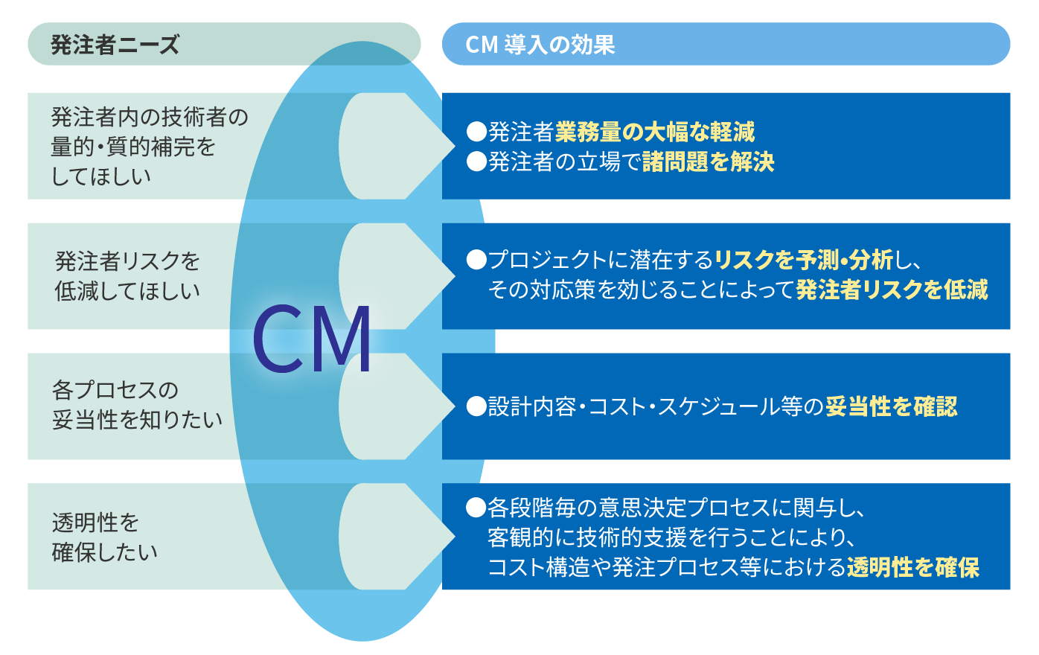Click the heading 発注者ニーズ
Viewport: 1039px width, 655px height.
(x=115, y=45)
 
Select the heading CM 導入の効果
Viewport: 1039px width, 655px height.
(x=540, y=45)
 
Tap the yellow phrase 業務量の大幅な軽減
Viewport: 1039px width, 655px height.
(x=655, y=132)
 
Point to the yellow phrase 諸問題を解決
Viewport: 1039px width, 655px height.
(x=709, y=162)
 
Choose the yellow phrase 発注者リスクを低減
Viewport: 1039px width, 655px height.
(x=892, y=290)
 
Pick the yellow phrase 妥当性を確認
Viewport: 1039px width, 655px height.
(x=892, y=406)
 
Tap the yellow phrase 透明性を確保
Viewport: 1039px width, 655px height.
(x=913, y=567)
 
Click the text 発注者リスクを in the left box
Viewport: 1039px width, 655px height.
(x=127, y=261)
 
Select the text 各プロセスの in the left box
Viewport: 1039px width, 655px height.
(x=115, y=390)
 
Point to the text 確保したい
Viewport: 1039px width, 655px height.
(x=105, y=552)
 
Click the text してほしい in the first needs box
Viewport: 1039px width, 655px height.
(x=101, y=176)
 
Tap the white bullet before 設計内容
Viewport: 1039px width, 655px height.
(x=476, y=406)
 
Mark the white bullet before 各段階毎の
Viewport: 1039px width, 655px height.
(x=476, y=508)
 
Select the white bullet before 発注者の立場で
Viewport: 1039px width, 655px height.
(x=476, y=162)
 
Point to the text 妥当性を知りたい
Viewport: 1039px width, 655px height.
(x=137, y=420)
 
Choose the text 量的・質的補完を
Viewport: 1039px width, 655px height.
(x=133, y=147)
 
